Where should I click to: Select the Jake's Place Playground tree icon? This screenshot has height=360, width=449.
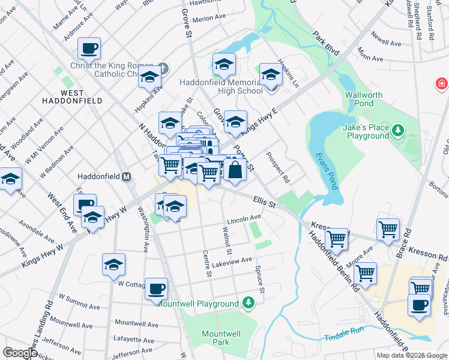[397, 130]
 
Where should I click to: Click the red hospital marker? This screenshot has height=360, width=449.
[442, 83]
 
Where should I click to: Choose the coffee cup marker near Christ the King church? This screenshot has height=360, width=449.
[89, 48]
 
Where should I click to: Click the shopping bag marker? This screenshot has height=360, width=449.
[236, 170]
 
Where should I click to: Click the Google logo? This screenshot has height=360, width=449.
[20, 353]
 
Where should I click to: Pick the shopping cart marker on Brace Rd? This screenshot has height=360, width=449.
[388, 229]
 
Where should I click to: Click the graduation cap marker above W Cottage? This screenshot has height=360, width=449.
[114, 265]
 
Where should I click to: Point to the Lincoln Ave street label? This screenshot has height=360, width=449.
[244, 218]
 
